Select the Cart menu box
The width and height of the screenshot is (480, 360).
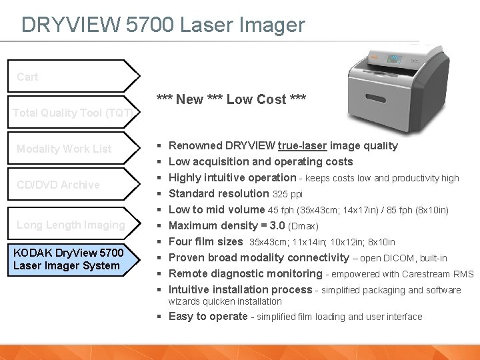[73, 77]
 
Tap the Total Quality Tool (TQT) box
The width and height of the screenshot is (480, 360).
[73, 113]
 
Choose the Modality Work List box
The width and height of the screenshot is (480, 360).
[73, 149]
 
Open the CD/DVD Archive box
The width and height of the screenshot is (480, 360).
[73, 185]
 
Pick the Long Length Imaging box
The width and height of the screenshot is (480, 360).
[73, 225]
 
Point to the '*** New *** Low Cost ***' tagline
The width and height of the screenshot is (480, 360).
[231, 99]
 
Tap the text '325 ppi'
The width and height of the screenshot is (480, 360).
[288, 194]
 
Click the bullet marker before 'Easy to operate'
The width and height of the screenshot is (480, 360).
[160, 317]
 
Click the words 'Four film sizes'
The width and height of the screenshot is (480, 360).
[205, 242]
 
